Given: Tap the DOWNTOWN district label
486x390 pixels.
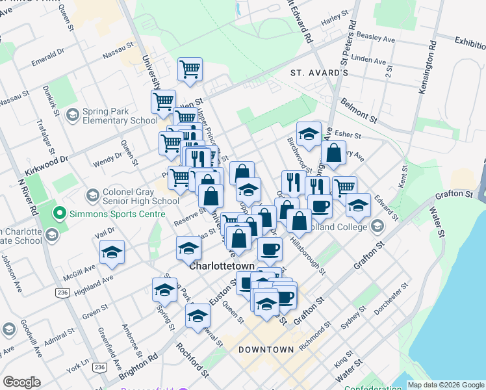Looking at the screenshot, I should click(266, 350).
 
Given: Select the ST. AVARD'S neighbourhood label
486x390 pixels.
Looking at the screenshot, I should click(318, 72).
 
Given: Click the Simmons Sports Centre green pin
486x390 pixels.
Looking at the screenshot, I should click(60, 213).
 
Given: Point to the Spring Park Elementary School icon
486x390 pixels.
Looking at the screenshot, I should click(72, 115).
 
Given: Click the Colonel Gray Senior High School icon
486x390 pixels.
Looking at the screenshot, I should click(92, 195).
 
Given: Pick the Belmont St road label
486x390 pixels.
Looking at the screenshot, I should click(359, 111).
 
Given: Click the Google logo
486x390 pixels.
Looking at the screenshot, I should click(22, 382).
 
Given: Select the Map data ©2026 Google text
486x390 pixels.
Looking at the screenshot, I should click(446, 385).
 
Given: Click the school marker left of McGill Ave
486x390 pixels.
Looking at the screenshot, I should click(112, 252).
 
